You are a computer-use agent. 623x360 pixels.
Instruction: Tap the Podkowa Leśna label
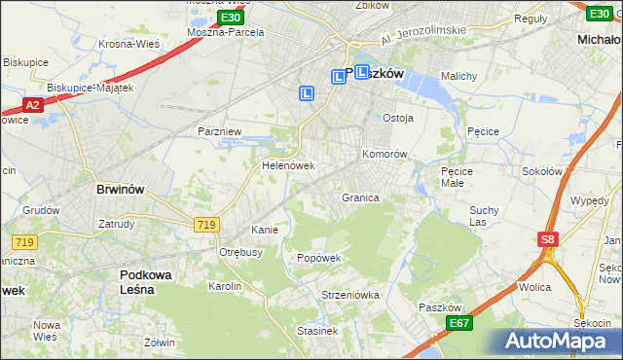tap(146, 282)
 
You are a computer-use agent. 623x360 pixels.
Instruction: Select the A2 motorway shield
tap(31, 105)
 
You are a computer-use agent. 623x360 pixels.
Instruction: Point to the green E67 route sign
tap(459, 323)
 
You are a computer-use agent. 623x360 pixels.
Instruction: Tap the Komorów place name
tap(384, 155)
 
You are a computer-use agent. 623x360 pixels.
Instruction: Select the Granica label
tap(359, 198)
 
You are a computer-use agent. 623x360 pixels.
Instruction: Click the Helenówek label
tap(288, 165)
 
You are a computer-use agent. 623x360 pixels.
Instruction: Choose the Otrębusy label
tap(241, 251)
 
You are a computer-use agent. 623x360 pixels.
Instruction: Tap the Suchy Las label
tap(484, 215)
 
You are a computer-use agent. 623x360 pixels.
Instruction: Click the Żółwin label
tap(159, 342)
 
